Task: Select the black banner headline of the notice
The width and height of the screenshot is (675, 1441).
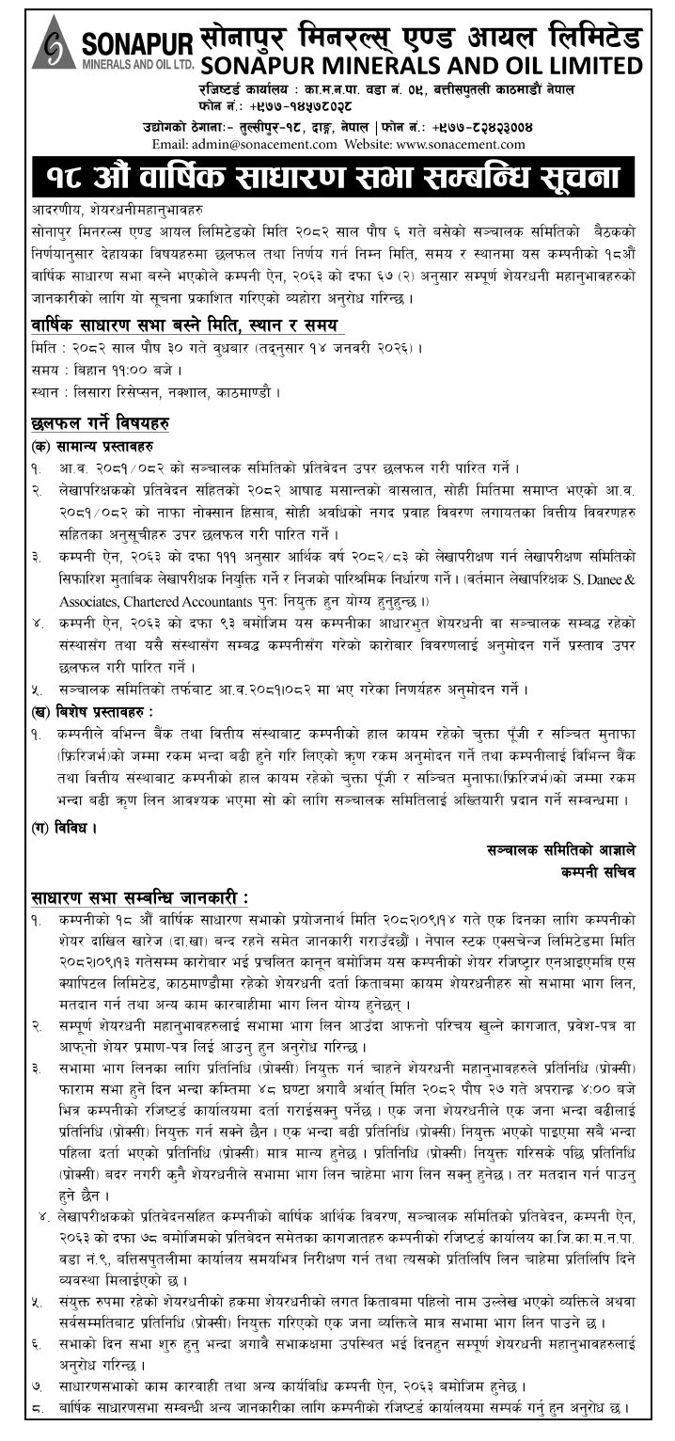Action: (x=337, y=177)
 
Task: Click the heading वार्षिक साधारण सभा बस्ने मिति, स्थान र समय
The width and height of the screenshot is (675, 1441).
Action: (x=184, y=325)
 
